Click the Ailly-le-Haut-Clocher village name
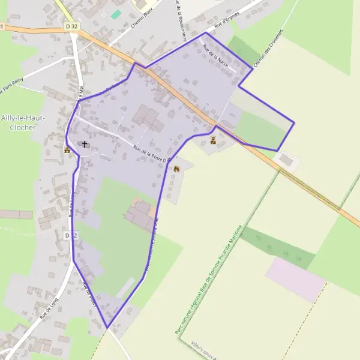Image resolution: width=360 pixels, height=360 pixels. coord(20,122)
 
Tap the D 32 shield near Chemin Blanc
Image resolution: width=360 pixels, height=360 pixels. coord(72,26)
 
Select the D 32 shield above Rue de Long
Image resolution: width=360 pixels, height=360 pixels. coord(71,236)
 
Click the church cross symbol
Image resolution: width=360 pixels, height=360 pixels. coord(85,144)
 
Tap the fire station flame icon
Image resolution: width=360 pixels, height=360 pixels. coord(176,169)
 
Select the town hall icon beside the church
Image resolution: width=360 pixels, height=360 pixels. coord(68,150)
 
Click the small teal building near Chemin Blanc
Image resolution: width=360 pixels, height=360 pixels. coord(116,14)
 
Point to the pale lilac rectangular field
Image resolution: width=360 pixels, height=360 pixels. coord(296,279)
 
